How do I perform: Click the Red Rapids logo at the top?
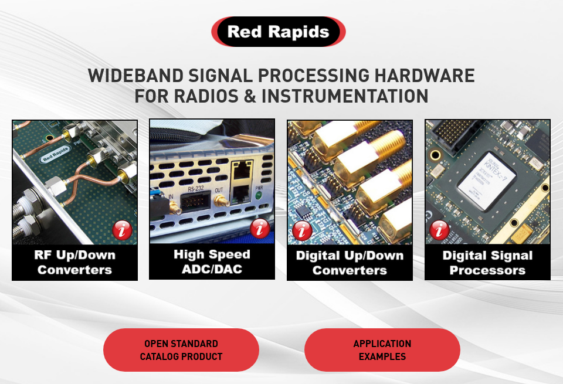click(279, 32)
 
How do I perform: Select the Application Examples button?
click(382, 350)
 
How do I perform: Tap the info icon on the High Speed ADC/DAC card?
click(260, 229)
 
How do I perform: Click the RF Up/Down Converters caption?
click(74, 263)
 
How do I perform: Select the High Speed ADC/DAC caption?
click(212, 261)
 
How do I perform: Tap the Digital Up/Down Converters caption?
click(350, 263)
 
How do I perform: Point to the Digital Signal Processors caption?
click(487, 263)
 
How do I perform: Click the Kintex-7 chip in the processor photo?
click(486, 181)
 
